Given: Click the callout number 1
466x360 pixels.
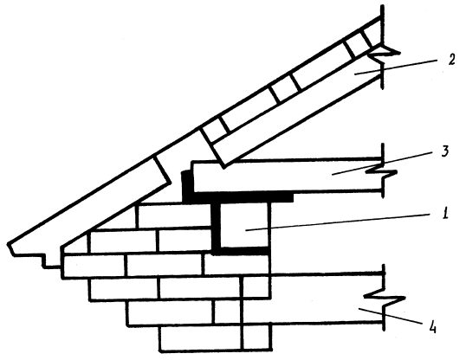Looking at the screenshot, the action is pyautogui.click(x=445, y=213).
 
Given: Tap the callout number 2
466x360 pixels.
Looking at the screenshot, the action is pyautogui.click(x=451, y=60).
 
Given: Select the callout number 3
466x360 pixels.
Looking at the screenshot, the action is pyautogui.click(x=444, y=152).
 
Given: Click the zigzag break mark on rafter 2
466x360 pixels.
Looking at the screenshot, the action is pyautogui.click(x=384, y=55).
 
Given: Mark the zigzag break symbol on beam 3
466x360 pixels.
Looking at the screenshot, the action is pyautogui.click(x=382, y=173).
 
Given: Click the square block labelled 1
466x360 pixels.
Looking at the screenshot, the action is pyautogui.click(x=244, y=225).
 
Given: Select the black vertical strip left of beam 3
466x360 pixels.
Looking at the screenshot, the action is pyautogui.click(x=187, y=185).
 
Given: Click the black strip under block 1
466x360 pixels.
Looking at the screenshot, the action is pyautogui.click(x=241, y=251).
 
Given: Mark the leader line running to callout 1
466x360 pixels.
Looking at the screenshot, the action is pyautogui.click(x=338, y=222).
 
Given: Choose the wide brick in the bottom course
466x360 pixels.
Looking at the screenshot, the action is pyautogui.click(x=201, y=338).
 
